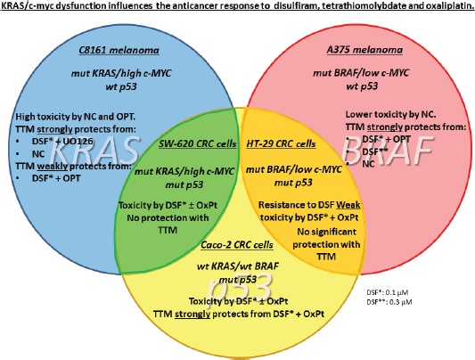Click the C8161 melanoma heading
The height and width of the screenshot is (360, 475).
coord(119,50)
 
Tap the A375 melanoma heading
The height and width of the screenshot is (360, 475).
coord(364,50)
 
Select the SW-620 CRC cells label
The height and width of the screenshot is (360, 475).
coord(198,143)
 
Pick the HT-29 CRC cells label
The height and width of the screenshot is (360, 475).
coord(281,143)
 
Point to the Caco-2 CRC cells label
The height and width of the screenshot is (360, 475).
coord(237,245)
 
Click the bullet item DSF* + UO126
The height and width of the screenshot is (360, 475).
coord(62,142)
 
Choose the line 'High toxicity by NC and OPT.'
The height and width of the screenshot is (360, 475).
coord(76,117)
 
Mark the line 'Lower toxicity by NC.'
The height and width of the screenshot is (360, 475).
coord(391,114)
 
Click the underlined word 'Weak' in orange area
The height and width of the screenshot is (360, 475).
coord(348,205)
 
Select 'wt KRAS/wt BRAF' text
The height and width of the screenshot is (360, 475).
coord(237,266)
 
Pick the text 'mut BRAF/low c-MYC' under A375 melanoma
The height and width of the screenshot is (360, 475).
coord(361,73)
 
